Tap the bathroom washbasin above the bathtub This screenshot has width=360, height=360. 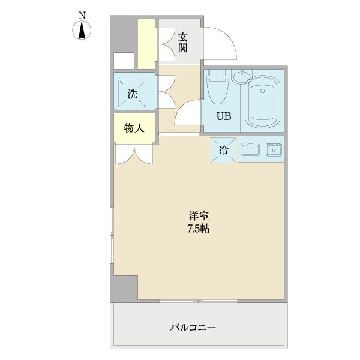[242, 76]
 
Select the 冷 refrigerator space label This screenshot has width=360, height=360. [223, 151]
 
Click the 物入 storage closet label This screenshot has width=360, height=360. [133, 128]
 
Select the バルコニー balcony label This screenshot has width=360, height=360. [193, 328]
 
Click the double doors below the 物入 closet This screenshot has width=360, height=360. [134, 154]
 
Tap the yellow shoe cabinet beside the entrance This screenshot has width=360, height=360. [146, 44]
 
